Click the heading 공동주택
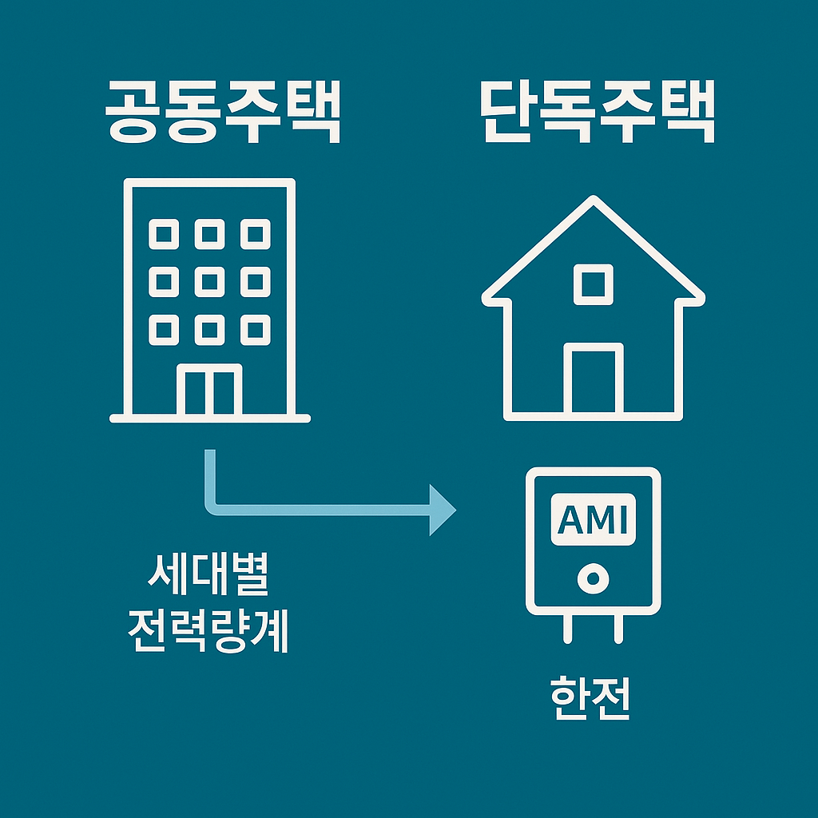pyautogui.click(x=223, y=114)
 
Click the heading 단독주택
pyautogui.click(x=598, y=114)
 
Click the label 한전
pyautogui.click(x=591, y=698)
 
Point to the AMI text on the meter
pyautogui.click(x=593, y=520)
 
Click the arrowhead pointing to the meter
pyautogui.click(x=442, y=508)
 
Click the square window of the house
pyautogui.click(x=593, y=284)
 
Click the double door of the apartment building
pyautogui.click(x=209, y=391)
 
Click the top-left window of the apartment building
pyautogui.click(x=163, y=234)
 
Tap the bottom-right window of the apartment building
pyautogui.click(x=256, y=328)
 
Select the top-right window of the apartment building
pyautogui.click(x=256, y=234)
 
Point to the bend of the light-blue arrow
pyautogui.click(x=212, y=506)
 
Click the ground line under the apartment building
pyautogui.click(x=209, y=418)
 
